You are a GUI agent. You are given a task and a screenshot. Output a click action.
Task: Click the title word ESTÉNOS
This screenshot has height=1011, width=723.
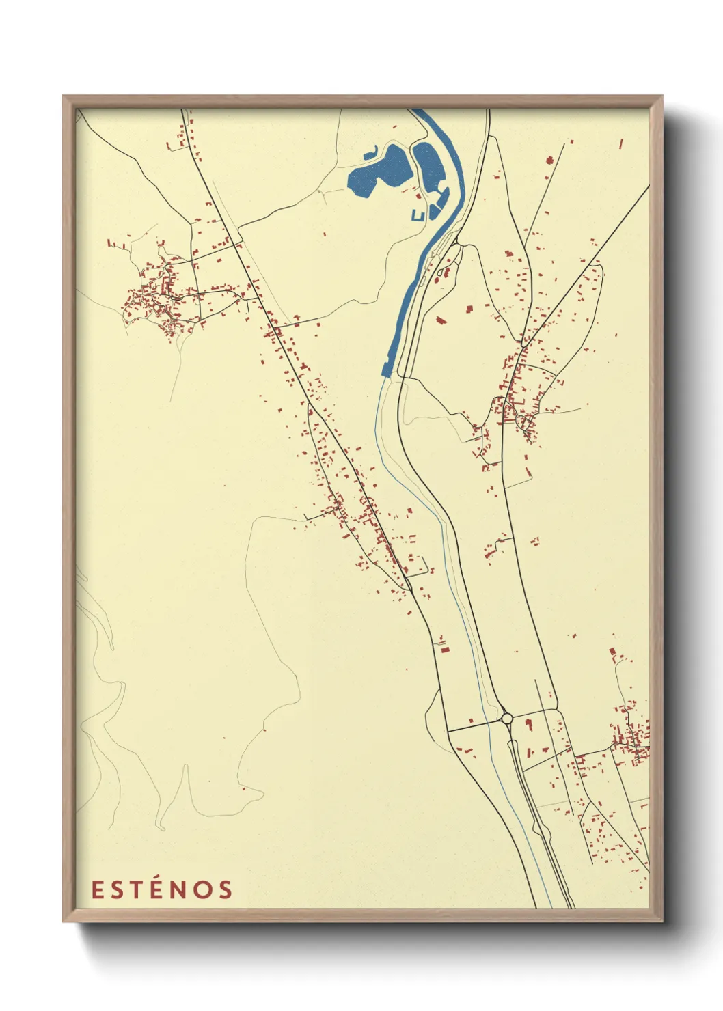click(x=162, y=889)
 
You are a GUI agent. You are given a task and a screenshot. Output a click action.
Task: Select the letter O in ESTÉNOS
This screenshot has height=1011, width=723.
click(x=202, y=889)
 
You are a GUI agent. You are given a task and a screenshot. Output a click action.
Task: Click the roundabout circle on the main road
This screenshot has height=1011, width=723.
click(x=506, y=718)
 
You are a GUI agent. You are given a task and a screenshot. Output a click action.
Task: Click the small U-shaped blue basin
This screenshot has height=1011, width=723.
click(x=418, y=216)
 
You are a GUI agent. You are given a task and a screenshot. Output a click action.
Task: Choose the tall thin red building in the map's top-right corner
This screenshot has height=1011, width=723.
click(x=621, y=144)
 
